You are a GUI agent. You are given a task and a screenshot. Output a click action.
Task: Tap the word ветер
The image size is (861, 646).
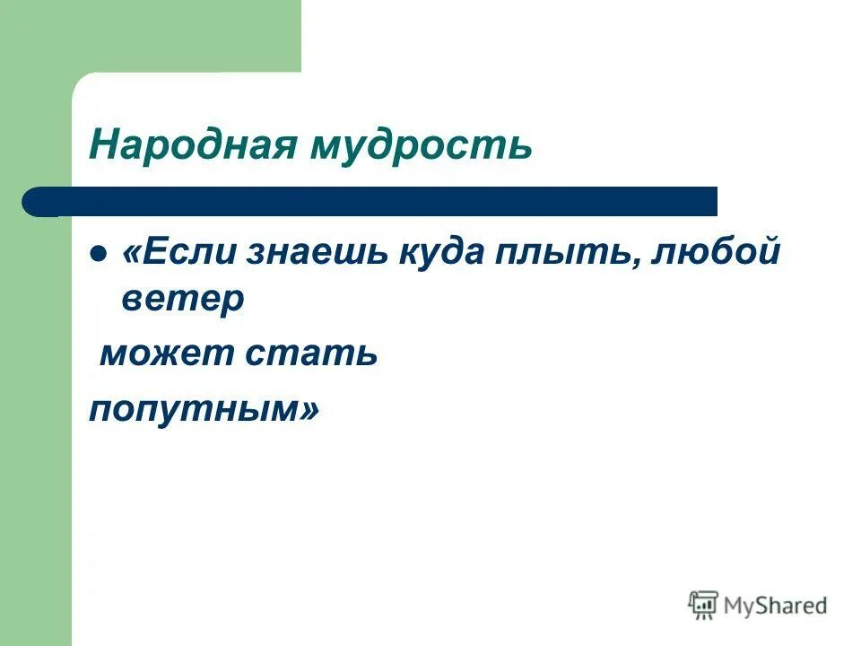182,300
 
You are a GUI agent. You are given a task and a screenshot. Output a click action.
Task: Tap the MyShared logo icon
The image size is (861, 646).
703,605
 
